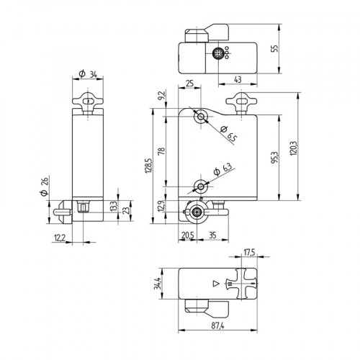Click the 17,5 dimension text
(249, 252)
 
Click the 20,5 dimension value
(188, 235)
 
